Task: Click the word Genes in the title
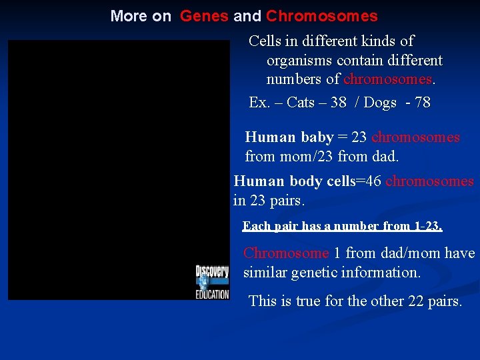click(x=204, y=16)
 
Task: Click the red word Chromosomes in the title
click(x=321, y=16)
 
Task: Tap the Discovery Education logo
click(x=212, y=281)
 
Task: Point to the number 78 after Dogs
click(x=422, y=103)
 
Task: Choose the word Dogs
click(x=381, y=103)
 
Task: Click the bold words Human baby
click(x=289, y=137)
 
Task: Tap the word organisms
click(x=299, y=61)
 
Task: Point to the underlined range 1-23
click(x=427, y=226)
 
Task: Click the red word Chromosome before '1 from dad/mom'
click(x=286, y=253)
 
